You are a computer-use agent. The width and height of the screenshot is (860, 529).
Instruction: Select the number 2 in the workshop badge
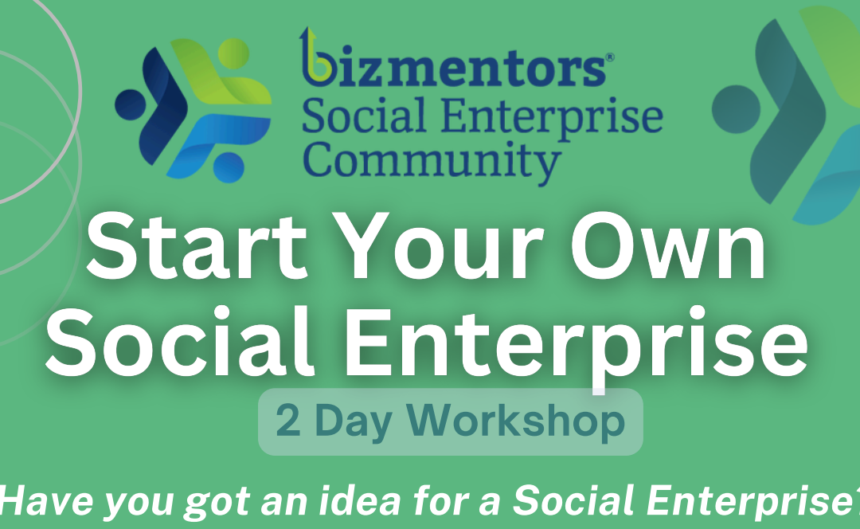click(x=288, y=421)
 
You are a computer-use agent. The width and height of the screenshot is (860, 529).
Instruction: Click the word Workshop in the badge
click(x=515, y=421)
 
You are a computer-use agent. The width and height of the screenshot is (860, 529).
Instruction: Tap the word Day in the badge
click(x=354, y=422)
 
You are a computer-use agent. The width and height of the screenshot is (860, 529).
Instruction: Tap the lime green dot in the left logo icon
click(x=233, y=54)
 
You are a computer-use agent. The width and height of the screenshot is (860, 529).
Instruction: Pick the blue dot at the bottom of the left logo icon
click(x=229, y=167)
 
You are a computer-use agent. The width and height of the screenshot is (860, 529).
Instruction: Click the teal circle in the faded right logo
click(x=737, y=108)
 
